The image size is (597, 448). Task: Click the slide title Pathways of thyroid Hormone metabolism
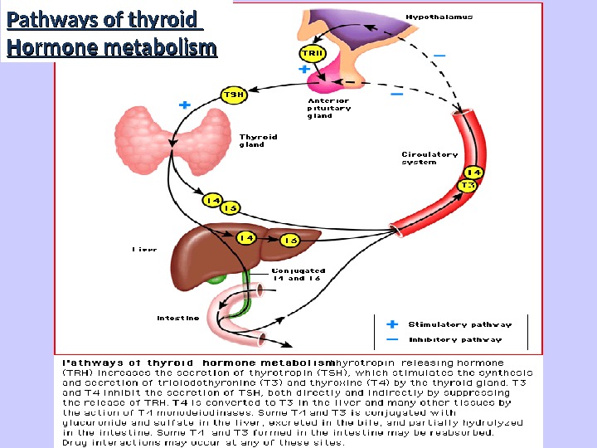[110, 33]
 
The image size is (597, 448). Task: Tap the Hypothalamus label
[439, 17]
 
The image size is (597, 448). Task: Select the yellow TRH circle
[312, 53]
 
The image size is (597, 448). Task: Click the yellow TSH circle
[233, 95]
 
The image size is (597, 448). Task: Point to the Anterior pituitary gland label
[329, 109]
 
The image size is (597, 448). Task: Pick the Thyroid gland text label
[258, 140]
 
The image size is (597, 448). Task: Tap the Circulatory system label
[430, 158]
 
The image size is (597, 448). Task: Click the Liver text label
[144, 249]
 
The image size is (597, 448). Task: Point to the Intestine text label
[178, 318]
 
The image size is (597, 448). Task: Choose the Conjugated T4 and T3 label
[298, 275]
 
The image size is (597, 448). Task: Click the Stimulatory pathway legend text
[459, 324]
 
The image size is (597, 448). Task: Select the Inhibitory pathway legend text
[455, 339]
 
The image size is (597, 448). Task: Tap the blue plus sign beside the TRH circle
[303, 71]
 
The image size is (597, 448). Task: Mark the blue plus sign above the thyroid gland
[184, 105]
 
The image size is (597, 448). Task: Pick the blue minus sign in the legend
[392, 339]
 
